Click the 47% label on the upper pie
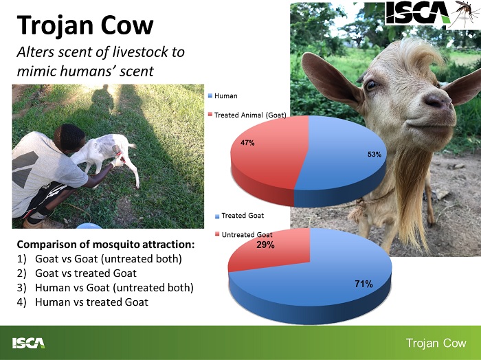pyautogui.click(x=247, y=143)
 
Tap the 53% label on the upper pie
pyautogui.click(x=374, y=155)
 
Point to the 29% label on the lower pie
pyautogui.click(x=265, y=245)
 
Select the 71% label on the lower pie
pyautogui.click(x=363, y=284)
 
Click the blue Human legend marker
pyautogui.click(x=210, y=95)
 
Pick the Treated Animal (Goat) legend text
pyautogui.click(x=250, y=115)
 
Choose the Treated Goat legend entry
pyautogui.click(x=240, y=216)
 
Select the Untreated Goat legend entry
pyautogui.click(x=244, y=235)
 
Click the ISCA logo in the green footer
pyautogui.click(x=29, y=343)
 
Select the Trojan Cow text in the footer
pyautogui.click(x=436, y=343)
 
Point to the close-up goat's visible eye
pyautogui.click(x=371, y=85)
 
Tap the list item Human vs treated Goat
pyautogui.click(x=82, y=302)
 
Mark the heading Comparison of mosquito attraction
pyautogui.click(x=106, y=245)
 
